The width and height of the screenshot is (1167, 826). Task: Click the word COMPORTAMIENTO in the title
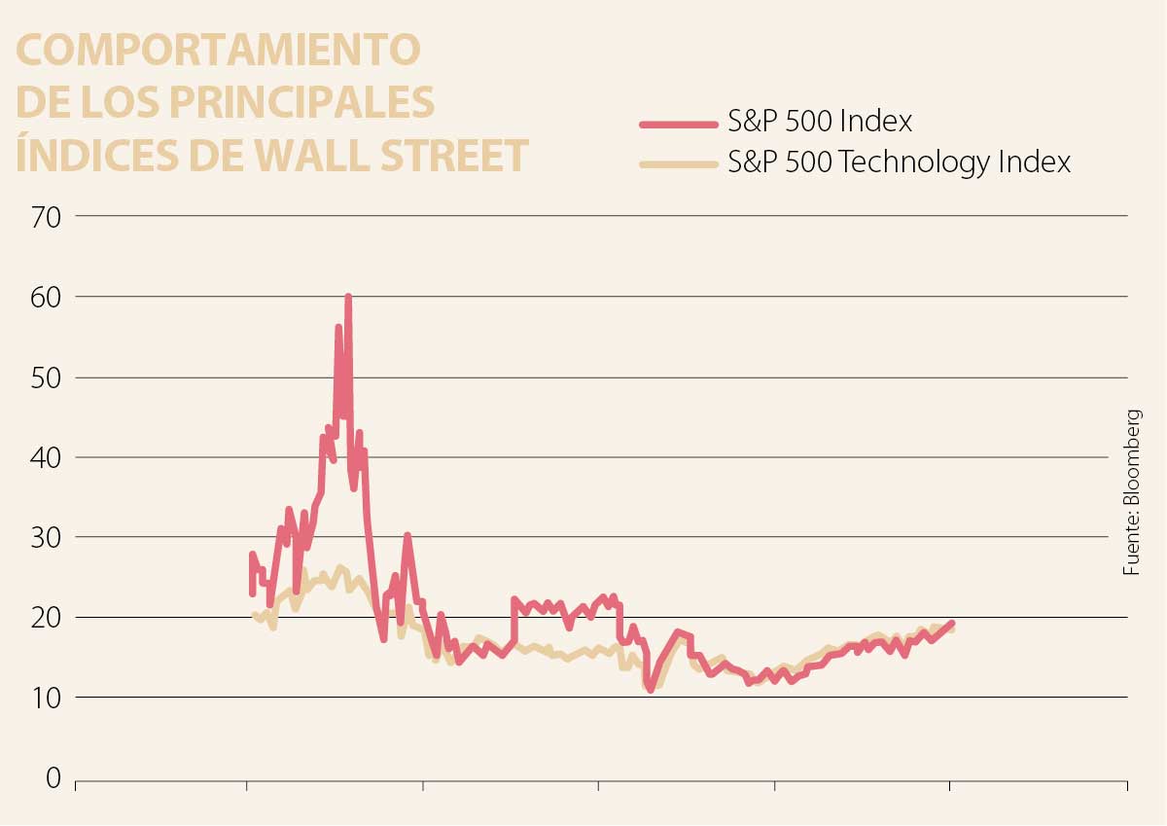tap(219, 50)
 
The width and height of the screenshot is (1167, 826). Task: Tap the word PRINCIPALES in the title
tap(301, 102)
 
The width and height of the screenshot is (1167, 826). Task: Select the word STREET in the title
tap(452, 156)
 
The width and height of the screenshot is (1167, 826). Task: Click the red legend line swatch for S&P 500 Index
tap(678, 124)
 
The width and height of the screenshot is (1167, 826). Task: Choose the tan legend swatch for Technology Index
tap(678, 163)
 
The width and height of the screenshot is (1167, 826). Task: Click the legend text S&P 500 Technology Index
tap(900, 162)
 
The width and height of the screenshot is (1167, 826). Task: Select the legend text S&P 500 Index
tap(821, 123)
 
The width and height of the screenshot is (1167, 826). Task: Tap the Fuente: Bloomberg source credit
tap(1131, 491)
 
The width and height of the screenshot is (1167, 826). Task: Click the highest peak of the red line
tap(348, 297)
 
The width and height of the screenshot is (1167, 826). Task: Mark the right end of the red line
tap(951, 623)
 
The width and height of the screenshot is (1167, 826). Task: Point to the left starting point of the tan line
tap(254, 615)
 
